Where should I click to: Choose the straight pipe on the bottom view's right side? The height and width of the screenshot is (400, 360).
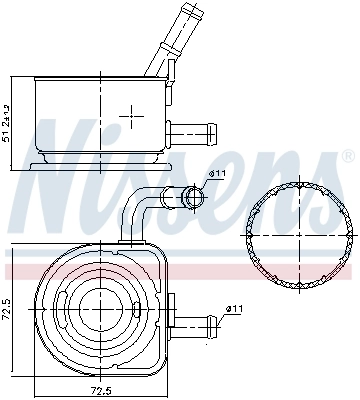[x=195, y=321]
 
